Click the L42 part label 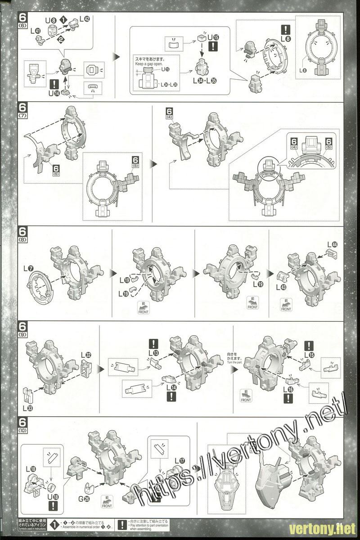point(85,19)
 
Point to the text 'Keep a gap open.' point(148,64)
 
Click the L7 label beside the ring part point(28,269)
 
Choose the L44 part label point(332,245)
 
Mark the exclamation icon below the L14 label point(171,396)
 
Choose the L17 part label point(179,460)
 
